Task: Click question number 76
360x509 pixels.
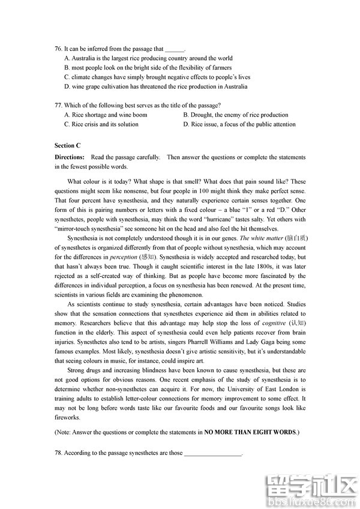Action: [58, 49]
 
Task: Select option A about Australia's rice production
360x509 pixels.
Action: [148, 59]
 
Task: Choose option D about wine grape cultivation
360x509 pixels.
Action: [155, 86]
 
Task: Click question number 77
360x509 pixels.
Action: [58, 106]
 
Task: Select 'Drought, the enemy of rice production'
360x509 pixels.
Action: [236, 115]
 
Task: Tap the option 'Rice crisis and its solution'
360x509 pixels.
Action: [101, 125]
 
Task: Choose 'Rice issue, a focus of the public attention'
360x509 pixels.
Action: [239, 125]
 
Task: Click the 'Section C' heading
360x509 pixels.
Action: [67, 146]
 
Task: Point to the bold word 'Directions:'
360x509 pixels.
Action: [70, 157]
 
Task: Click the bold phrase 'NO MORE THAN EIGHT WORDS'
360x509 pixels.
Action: [250, 432]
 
